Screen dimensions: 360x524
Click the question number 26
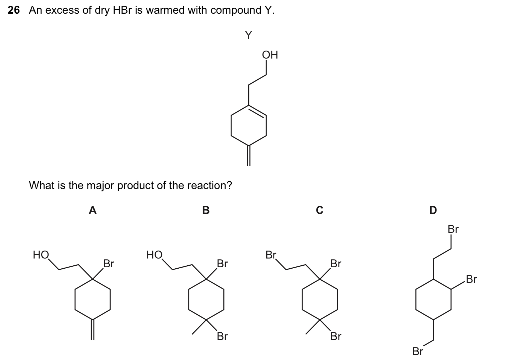[14, 10]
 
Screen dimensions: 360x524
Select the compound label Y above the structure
[248, 35]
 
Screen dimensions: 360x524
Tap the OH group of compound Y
[270, 55]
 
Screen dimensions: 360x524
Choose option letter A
[93, 210]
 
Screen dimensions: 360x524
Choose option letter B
[206, 210]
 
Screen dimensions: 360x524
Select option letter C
[319, 210]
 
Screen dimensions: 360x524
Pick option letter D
[433, 210]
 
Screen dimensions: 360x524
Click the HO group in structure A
[41, 255]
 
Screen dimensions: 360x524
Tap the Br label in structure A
[109, 264]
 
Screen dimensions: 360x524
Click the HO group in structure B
[154, 255]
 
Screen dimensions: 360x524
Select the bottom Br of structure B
[222, 336]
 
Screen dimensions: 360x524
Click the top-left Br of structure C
[271, 255]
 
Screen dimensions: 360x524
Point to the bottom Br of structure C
[336, 336]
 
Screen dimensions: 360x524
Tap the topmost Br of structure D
[453, 229]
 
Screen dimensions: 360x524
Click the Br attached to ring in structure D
[471, 279]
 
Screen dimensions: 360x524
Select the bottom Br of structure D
[418, 351]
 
